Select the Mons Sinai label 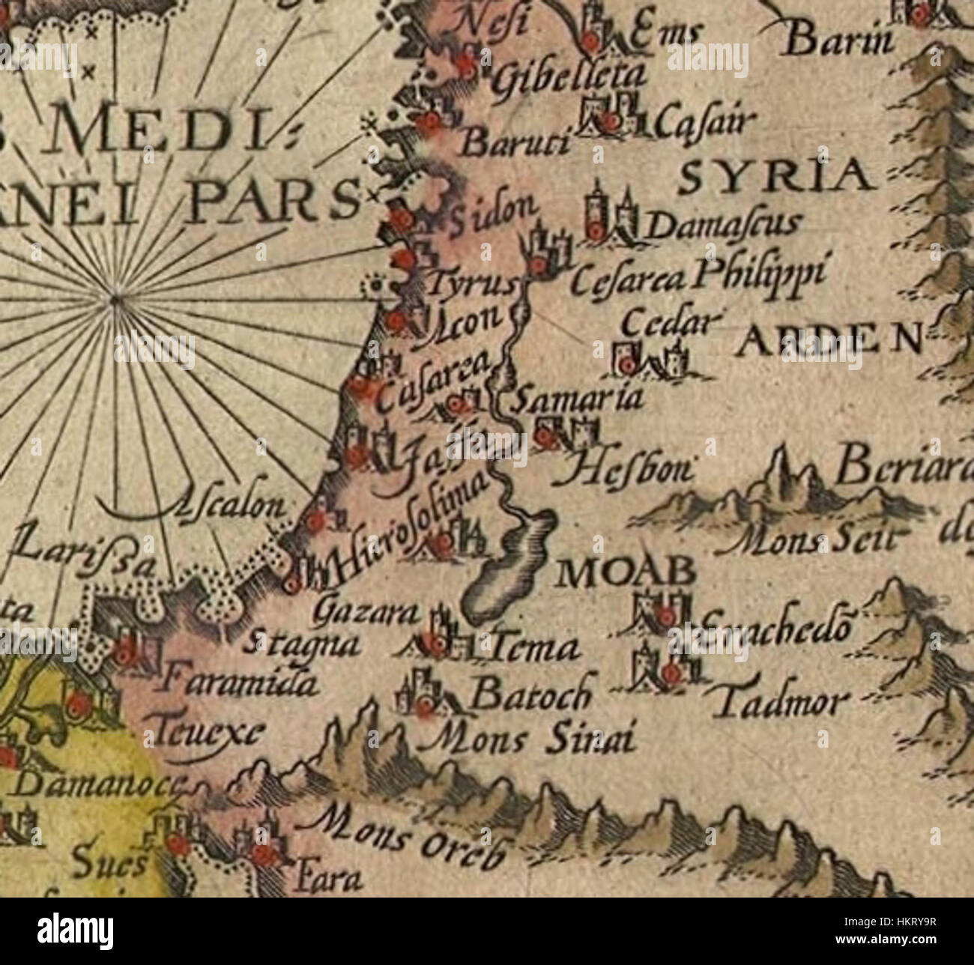coord(530,739)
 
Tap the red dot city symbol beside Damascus coord(596,232)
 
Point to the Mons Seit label coord(824,537)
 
